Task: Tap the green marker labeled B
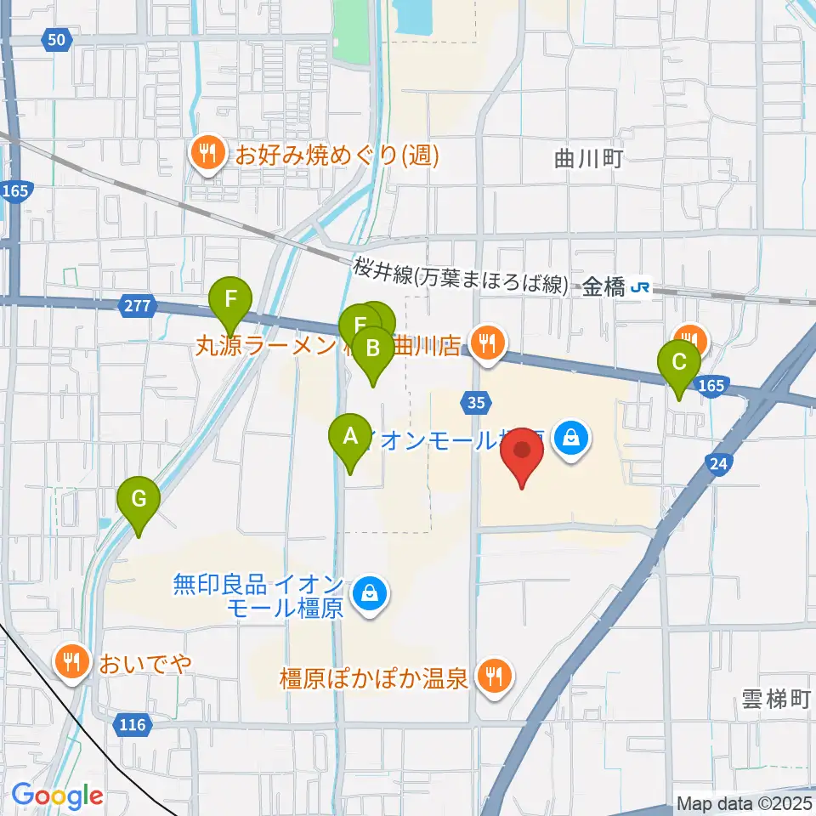coord(372,348)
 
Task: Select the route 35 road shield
coord(476,400)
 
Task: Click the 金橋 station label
coord(604,288)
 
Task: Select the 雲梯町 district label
coord(772,700)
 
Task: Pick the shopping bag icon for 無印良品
coord(370,592)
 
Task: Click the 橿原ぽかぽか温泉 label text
coord(375,678)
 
